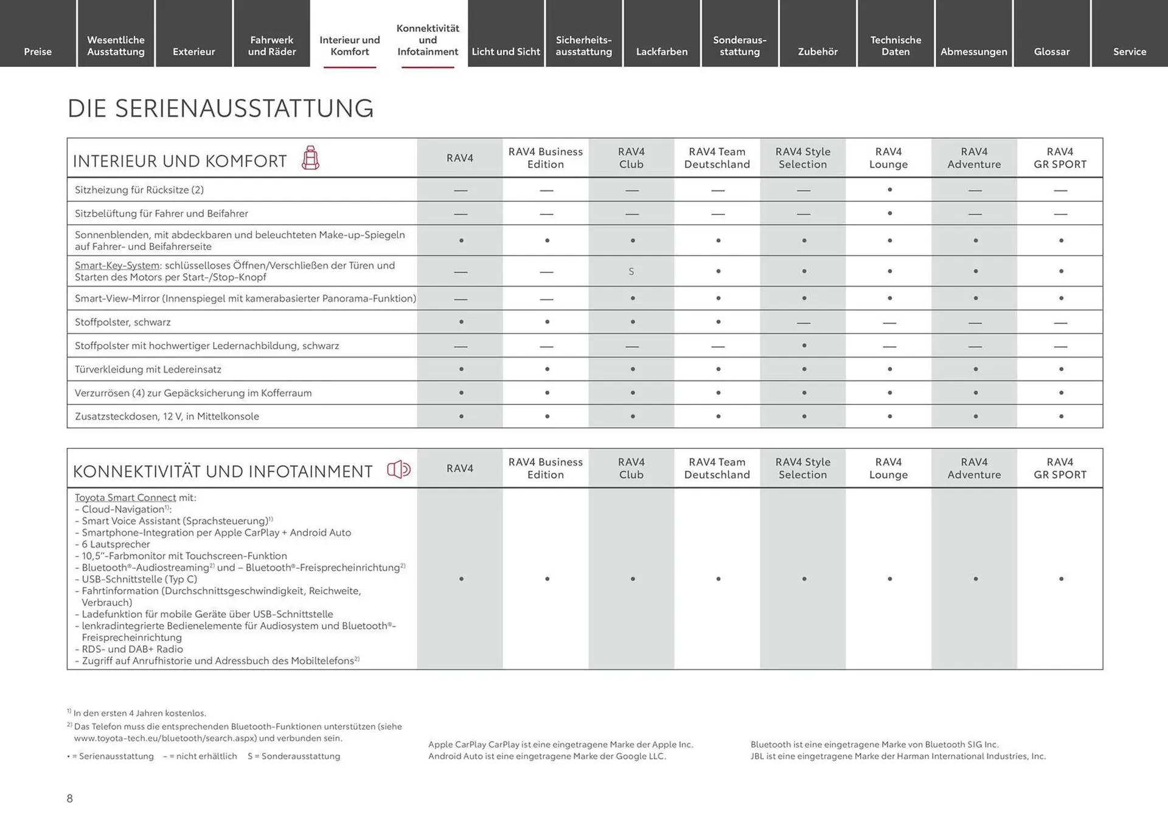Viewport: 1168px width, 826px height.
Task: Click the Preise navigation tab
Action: [38, 52]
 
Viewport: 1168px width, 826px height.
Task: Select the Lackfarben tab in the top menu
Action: [661, 52]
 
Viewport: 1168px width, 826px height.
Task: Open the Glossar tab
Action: [1051, 52]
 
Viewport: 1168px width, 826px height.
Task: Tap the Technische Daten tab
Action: [895, 46]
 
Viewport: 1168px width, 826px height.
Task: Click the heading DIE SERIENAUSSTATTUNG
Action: [220, 108]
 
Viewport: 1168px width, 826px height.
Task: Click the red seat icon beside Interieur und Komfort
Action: [310, 158]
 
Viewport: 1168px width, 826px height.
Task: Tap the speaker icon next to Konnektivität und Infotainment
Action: [399, 470]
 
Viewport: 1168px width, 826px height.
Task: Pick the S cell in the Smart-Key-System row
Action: [631, 271]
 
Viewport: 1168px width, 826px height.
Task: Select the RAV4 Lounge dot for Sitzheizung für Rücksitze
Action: [889, 190]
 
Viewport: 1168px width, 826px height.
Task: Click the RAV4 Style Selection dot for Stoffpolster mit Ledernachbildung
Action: [804, 345]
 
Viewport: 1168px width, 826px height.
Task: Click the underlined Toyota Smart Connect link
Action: [125, 498]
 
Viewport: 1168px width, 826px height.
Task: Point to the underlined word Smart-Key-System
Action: [117, 265]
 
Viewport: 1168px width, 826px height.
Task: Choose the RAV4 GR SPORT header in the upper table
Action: [1060, 158]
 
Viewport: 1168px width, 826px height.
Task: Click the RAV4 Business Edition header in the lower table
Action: [545, 468]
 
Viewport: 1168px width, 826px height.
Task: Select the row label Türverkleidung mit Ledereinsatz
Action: [148, 369]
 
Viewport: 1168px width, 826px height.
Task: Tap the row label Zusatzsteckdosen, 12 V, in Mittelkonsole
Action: [167, 417]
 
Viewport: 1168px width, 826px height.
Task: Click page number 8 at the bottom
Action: [70, 799]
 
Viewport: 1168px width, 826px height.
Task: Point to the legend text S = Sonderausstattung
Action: [294, 756]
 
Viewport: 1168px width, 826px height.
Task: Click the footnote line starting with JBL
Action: [898, 756]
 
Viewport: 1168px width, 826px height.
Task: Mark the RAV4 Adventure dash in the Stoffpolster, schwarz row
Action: [975, 322]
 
